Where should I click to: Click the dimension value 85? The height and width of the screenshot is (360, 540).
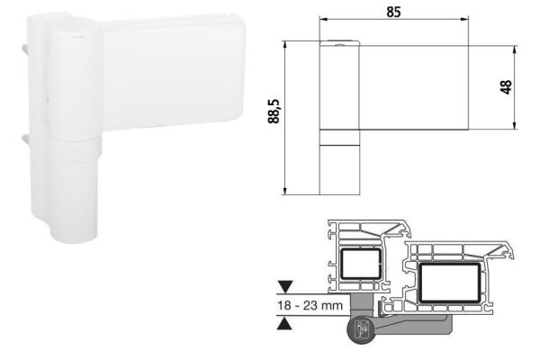(393, 13)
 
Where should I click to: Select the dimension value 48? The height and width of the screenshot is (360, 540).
(505, 86)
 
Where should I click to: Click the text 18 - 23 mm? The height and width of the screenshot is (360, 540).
(309, 305)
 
